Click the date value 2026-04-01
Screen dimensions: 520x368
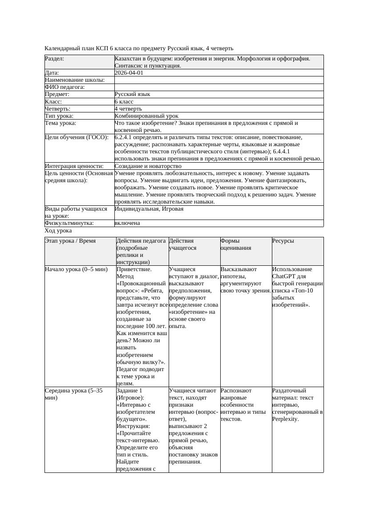[129, 73]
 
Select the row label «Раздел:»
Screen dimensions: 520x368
[54, 59]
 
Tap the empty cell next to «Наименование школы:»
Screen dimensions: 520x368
[218, 80]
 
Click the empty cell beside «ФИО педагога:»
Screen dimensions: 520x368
[218, 87]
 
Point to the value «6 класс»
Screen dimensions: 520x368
[124, 102]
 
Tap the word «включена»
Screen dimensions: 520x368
[127, 223]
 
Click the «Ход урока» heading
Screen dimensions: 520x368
[58, 231]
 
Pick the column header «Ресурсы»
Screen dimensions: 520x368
[283, 241]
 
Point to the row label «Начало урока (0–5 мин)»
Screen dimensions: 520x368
[76, 269]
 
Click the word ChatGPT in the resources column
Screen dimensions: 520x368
[284, 276]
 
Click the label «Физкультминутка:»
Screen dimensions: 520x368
[69, 223]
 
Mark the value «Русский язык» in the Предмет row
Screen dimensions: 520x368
[132, 94]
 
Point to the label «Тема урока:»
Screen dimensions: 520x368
[61, 123]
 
